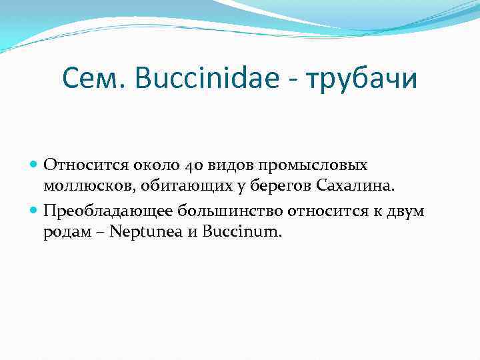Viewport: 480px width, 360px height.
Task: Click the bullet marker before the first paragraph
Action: click(x=35, y=164)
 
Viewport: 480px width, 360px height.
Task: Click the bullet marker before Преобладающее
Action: click(x=35, y=211)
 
